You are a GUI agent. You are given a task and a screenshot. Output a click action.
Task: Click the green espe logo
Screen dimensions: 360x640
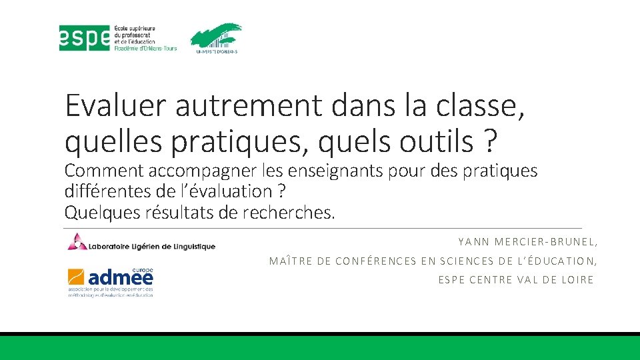coord(85,38)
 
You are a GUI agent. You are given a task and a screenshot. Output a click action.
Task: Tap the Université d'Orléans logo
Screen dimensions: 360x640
coord(215,38)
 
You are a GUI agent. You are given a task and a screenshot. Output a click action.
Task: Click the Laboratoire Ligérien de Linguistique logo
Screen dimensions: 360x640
coord(141,243)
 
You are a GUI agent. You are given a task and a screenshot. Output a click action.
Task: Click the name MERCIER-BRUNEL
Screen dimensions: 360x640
coord(546,243)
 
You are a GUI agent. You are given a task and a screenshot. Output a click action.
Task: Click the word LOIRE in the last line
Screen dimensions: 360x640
coord(577,280)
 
